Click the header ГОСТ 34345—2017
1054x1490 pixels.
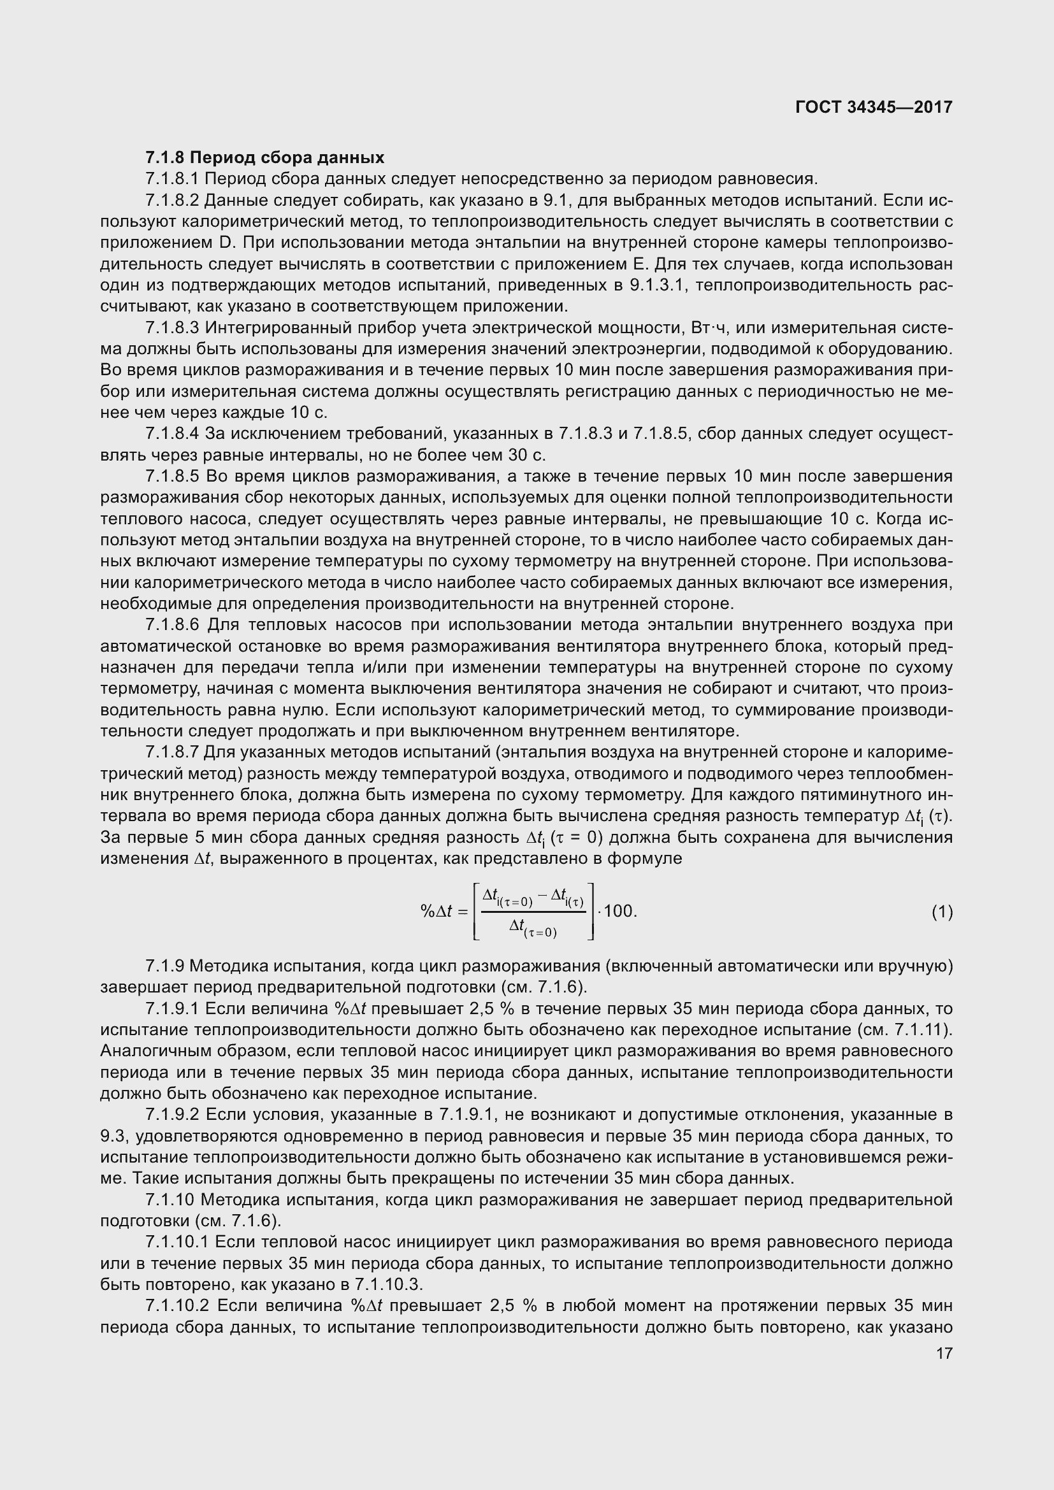tap(874, 107)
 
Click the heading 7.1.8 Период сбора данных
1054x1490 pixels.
tap(265, 158)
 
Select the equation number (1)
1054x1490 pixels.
tap(942, 912)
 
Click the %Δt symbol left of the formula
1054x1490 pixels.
tap(437, 911)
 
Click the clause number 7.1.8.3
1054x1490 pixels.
tap(172, 327)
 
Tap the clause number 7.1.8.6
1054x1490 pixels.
tap(172, 625)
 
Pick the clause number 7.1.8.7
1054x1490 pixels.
tap(172, 752)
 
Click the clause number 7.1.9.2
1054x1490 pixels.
tap(172, 1115)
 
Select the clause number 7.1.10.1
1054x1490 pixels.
tap(177, 1242)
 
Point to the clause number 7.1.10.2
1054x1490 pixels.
tap(177, 1306)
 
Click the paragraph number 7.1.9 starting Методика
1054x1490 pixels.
tap(165, 966)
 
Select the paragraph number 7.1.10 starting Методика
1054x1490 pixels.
tap(170, 1200)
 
